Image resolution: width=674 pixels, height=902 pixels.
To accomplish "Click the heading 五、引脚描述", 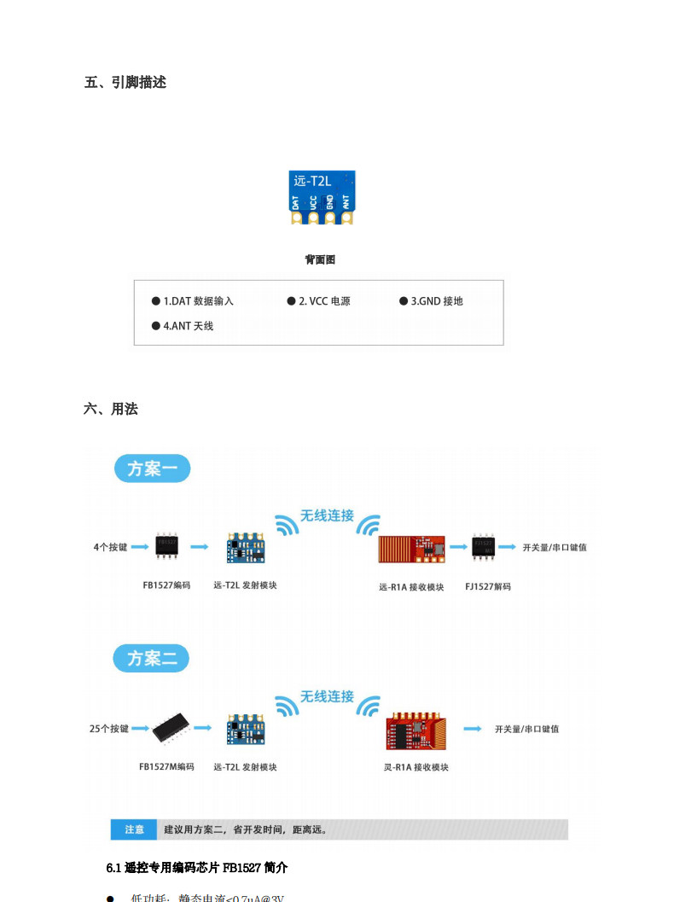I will click(125, 83).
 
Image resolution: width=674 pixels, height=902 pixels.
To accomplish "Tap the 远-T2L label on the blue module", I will click(312, 181).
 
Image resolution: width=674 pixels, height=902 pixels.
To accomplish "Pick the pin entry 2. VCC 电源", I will click(323, 301).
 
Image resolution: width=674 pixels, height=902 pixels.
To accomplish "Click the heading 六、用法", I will click(110, 409).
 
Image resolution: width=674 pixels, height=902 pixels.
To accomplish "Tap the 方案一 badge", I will click(152, 468).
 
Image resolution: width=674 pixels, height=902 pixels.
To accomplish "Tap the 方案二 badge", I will click(152, 659).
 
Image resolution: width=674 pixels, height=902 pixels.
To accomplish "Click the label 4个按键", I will click(110, 547).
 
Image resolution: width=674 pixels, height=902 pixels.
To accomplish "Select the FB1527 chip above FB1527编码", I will click(167, 545).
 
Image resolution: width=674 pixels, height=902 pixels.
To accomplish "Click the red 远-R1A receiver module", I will click(411, 547).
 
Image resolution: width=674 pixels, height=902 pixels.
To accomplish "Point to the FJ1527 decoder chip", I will click(484, 546).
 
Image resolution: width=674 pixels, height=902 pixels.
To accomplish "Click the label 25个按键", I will click(109, 729).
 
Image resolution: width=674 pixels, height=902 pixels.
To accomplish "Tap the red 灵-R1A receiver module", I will click(414, 729).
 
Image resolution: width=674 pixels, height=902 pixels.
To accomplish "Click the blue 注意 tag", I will click(134, 829).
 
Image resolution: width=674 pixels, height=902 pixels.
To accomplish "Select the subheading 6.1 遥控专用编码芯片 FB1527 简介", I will click(197, 868).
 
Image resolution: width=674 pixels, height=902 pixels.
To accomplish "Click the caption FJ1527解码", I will click(488, 586).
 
